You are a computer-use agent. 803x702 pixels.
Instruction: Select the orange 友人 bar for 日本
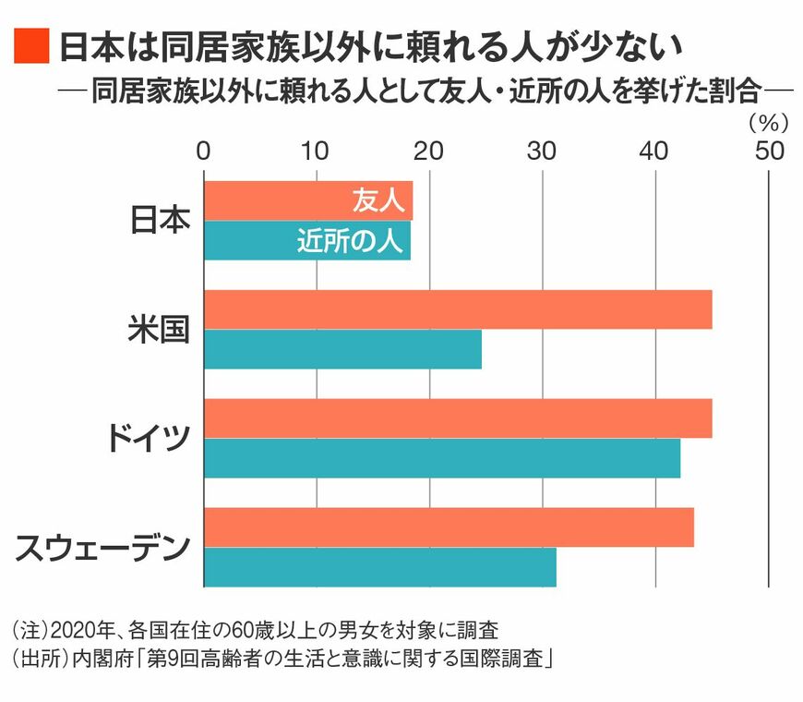click(277, 201)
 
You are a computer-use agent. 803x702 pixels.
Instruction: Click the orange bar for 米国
click(458, 309)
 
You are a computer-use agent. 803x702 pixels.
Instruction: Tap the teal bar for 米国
click(342, 349)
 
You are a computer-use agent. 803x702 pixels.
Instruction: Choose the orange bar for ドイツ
click(458, 418)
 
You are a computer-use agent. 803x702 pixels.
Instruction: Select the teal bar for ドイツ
click(442, 458)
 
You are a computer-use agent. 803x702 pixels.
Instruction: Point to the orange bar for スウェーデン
click(449, 527)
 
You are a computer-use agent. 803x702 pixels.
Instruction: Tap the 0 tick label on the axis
click(204, 150)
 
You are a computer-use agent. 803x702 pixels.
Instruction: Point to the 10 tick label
click(317, 150)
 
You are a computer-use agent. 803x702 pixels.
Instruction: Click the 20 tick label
click(429, 150)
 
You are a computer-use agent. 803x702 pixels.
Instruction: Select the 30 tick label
click(543, 150)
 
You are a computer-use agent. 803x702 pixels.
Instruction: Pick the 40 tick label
click(655, 150)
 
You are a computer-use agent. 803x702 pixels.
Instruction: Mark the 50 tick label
click(768, 150)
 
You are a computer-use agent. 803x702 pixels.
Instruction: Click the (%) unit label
click(765, 120)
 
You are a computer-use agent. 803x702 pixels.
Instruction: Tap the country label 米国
click(158, 330)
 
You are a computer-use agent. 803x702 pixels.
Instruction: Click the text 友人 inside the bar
click(373, 201)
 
